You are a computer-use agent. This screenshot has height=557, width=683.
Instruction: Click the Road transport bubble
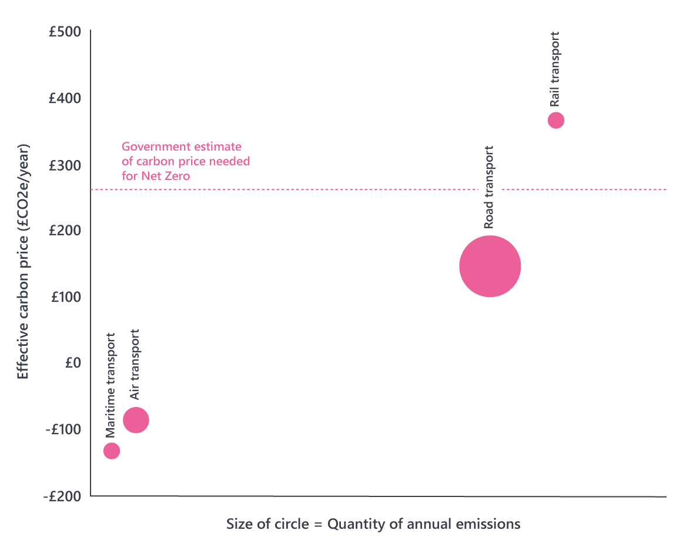pos(490,266)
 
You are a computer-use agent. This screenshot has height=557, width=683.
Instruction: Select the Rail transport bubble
pos(556,120)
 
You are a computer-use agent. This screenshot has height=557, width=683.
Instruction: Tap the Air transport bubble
pos(136,420)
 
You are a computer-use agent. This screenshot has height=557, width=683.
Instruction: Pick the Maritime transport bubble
pos(112,451)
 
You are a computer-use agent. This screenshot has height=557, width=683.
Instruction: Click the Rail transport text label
pos(554,69)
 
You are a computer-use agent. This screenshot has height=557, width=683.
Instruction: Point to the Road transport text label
pos(488,187)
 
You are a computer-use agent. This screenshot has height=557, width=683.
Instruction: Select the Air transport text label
pos(135,365)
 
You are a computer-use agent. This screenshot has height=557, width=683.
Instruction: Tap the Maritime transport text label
pos(111,385)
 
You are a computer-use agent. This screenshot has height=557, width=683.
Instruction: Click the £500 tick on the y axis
pos(65,31)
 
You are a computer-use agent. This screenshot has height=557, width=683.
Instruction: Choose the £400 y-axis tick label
pos(65,98)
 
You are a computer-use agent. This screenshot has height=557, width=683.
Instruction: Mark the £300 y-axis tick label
pos(65,164)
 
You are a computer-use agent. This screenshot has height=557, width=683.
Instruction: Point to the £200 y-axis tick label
pos(65,230)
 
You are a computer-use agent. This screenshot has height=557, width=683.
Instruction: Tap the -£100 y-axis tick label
pos(63,429)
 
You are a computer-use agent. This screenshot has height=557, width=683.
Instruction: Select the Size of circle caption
pos(373,523)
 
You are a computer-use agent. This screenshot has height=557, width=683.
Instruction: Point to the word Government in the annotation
pos(152,146)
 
